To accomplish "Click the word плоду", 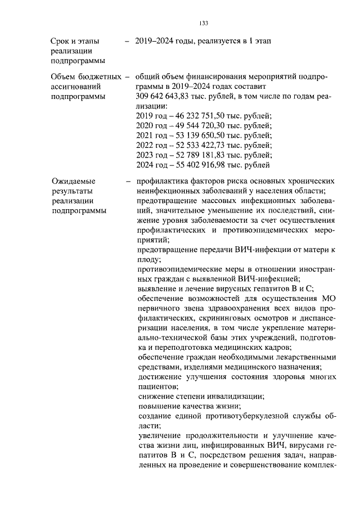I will point(148,259).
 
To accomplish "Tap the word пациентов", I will point(157,386).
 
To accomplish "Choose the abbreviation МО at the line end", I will point(328,299).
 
